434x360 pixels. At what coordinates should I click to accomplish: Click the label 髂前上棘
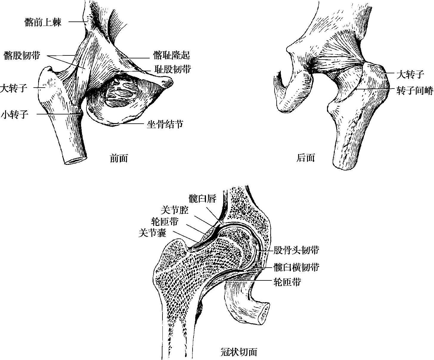[43, 22]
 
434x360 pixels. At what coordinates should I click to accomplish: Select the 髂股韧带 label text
[22, 55]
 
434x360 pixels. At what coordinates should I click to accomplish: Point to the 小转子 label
[15, 114]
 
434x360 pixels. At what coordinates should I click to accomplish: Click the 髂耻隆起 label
[172, 55]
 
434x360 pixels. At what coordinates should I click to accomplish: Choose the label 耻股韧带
[173, 69]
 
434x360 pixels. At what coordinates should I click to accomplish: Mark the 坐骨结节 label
[165, 124]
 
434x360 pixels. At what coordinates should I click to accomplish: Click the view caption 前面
[119, 158]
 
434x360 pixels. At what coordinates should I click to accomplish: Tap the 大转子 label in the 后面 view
[410, 75]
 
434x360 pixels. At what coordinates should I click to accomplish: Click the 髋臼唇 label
[202, 198]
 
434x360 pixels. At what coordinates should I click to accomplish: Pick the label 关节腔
[175, 210]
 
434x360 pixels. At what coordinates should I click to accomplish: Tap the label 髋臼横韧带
[296, 267]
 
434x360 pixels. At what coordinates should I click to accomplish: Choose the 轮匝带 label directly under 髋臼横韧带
[287, 282]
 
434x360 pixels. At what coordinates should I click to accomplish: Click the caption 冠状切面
[239, 352]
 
